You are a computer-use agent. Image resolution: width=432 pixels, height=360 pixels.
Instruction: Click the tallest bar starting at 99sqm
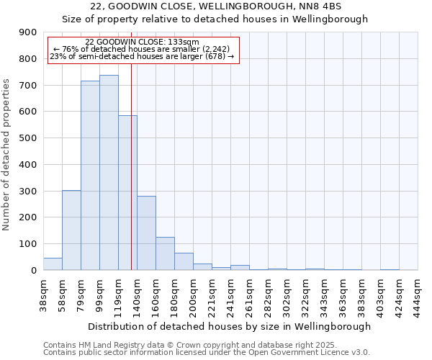click(109, 173)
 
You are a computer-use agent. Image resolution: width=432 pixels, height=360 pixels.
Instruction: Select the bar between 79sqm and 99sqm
click(90, 176)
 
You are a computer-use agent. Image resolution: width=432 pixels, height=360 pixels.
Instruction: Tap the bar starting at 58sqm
click(71, 230)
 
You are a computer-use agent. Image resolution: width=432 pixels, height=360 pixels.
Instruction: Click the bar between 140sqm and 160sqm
click(146, 233)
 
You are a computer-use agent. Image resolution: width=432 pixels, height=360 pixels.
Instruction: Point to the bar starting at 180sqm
click(184, 261)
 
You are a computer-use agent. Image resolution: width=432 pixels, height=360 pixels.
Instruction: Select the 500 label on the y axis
click(28, 138)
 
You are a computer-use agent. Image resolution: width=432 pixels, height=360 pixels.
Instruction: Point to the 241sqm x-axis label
click(230, 294)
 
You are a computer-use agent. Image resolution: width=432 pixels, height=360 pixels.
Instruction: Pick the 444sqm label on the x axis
click(418, 294)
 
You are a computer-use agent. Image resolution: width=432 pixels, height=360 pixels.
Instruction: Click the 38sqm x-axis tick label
click(43, 294)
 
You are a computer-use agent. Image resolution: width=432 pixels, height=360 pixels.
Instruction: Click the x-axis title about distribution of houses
click(230, 326)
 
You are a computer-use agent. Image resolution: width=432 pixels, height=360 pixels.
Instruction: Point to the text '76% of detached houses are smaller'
click(141, 49)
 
